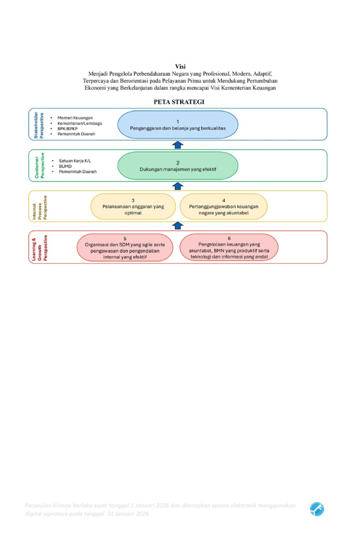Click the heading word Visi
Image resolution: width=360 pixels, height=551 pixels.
click(180, 67)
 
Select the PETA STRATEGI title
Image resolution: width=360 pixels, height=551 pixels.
click(179, 102)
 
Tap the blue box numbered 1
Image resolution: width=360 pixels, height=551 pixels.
click(178, 124)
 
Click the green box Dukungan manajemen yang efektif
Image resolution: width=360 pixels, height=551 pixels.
click(178, 165)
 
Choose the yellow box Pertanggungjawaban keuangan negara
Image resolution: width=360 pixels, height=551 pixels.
click(224, 205)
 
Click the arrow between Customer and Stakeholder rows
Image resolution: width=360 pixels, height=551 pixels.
click(178, 145)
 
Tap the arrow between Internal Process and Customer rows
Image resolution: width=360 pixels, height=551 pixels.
click(178, 186)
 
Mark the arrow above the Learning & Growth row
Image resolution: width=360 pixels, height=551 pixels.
click(178, 225)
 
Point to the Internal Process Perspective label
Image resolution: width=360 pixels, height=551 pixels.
click(39, 207)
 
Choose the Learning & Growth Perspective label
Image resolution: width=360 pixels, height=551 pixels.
click(39, 247)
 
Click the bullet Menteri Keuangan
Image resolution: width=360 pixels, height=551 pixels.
click(75, 118)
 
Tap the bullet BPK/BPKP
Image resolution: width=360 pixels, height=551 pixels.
click(68, 128)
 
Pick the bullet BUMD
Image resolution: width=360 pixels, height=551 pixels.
click(65, 166)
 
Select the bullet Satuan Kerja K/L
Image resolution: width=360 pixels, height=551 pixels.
click(75, 161)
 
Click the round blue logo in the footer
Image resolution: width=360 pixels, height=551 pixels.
click(317, 509)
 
